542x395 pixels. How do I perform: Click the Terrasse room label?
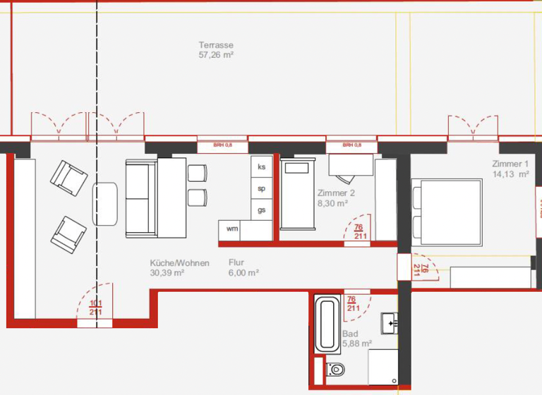pos(216,44)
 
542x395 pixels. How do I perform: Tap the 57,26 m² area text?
pos(216,54)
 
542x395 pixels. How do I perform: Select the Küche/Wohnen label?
pos(179,263)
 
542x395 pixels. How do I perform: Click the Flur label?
pos(236,263)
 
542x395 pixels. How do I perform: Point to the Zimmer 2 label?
pos(336,193)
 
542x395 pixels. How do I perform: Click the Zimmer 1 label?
pos(510,164)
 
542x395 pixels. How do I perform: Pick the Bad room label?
pos(350,334)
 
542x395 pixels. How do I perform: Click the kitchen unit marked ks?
pos(261,167)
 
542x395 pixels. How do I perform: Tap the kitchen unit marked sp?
pos(261,188)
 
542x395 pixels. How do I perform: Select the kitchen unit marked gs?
pos(261,210)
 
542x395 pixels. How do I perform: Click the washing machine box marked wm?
pos(231,229)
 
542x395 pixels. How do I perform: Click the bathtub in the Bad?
pos(326,326)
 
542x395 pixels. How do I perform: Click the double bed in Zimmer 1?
pos(447,208)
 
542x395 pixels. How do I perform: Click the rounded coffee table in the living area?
pos(105,204)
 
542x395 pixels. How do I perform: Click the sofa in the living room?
pos(138,198)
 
